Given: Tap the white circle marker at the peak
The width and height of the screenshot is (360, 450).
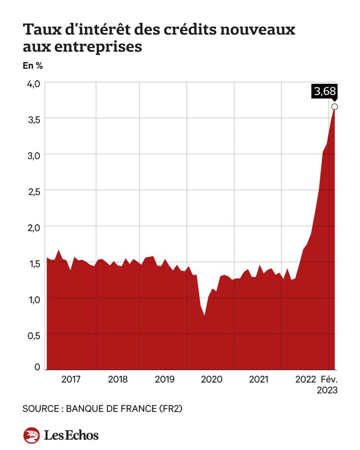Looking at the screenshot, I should click(335, 107).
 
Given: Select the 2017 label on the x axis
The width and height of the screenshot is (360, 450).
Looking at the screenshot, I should click(71, 379).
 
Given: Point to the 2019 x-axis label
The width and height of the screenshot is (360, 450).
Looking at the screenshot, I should click(165, 379).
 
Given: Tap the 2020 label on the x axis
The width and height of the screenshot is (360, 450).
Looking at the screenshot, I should click(212, 379).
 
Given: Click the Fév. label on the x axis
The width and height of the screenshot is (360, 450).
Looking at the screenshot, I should click(329, 379).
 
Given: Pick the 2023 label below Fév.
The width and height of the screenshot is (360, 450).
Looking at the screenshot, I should click(327, 391).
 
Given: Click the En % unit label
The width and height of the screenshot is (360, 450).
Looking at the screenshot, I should click(33, 66).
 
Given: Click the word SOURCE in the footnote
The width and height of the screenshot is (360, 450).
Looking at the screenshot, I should click(41, 409).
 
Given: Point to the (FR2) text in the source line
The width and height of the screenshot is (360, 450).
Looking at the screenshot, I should click(171, 409).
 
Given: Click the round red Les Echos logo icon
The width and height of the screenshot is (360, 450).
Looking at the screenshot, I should click(31, 435).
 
